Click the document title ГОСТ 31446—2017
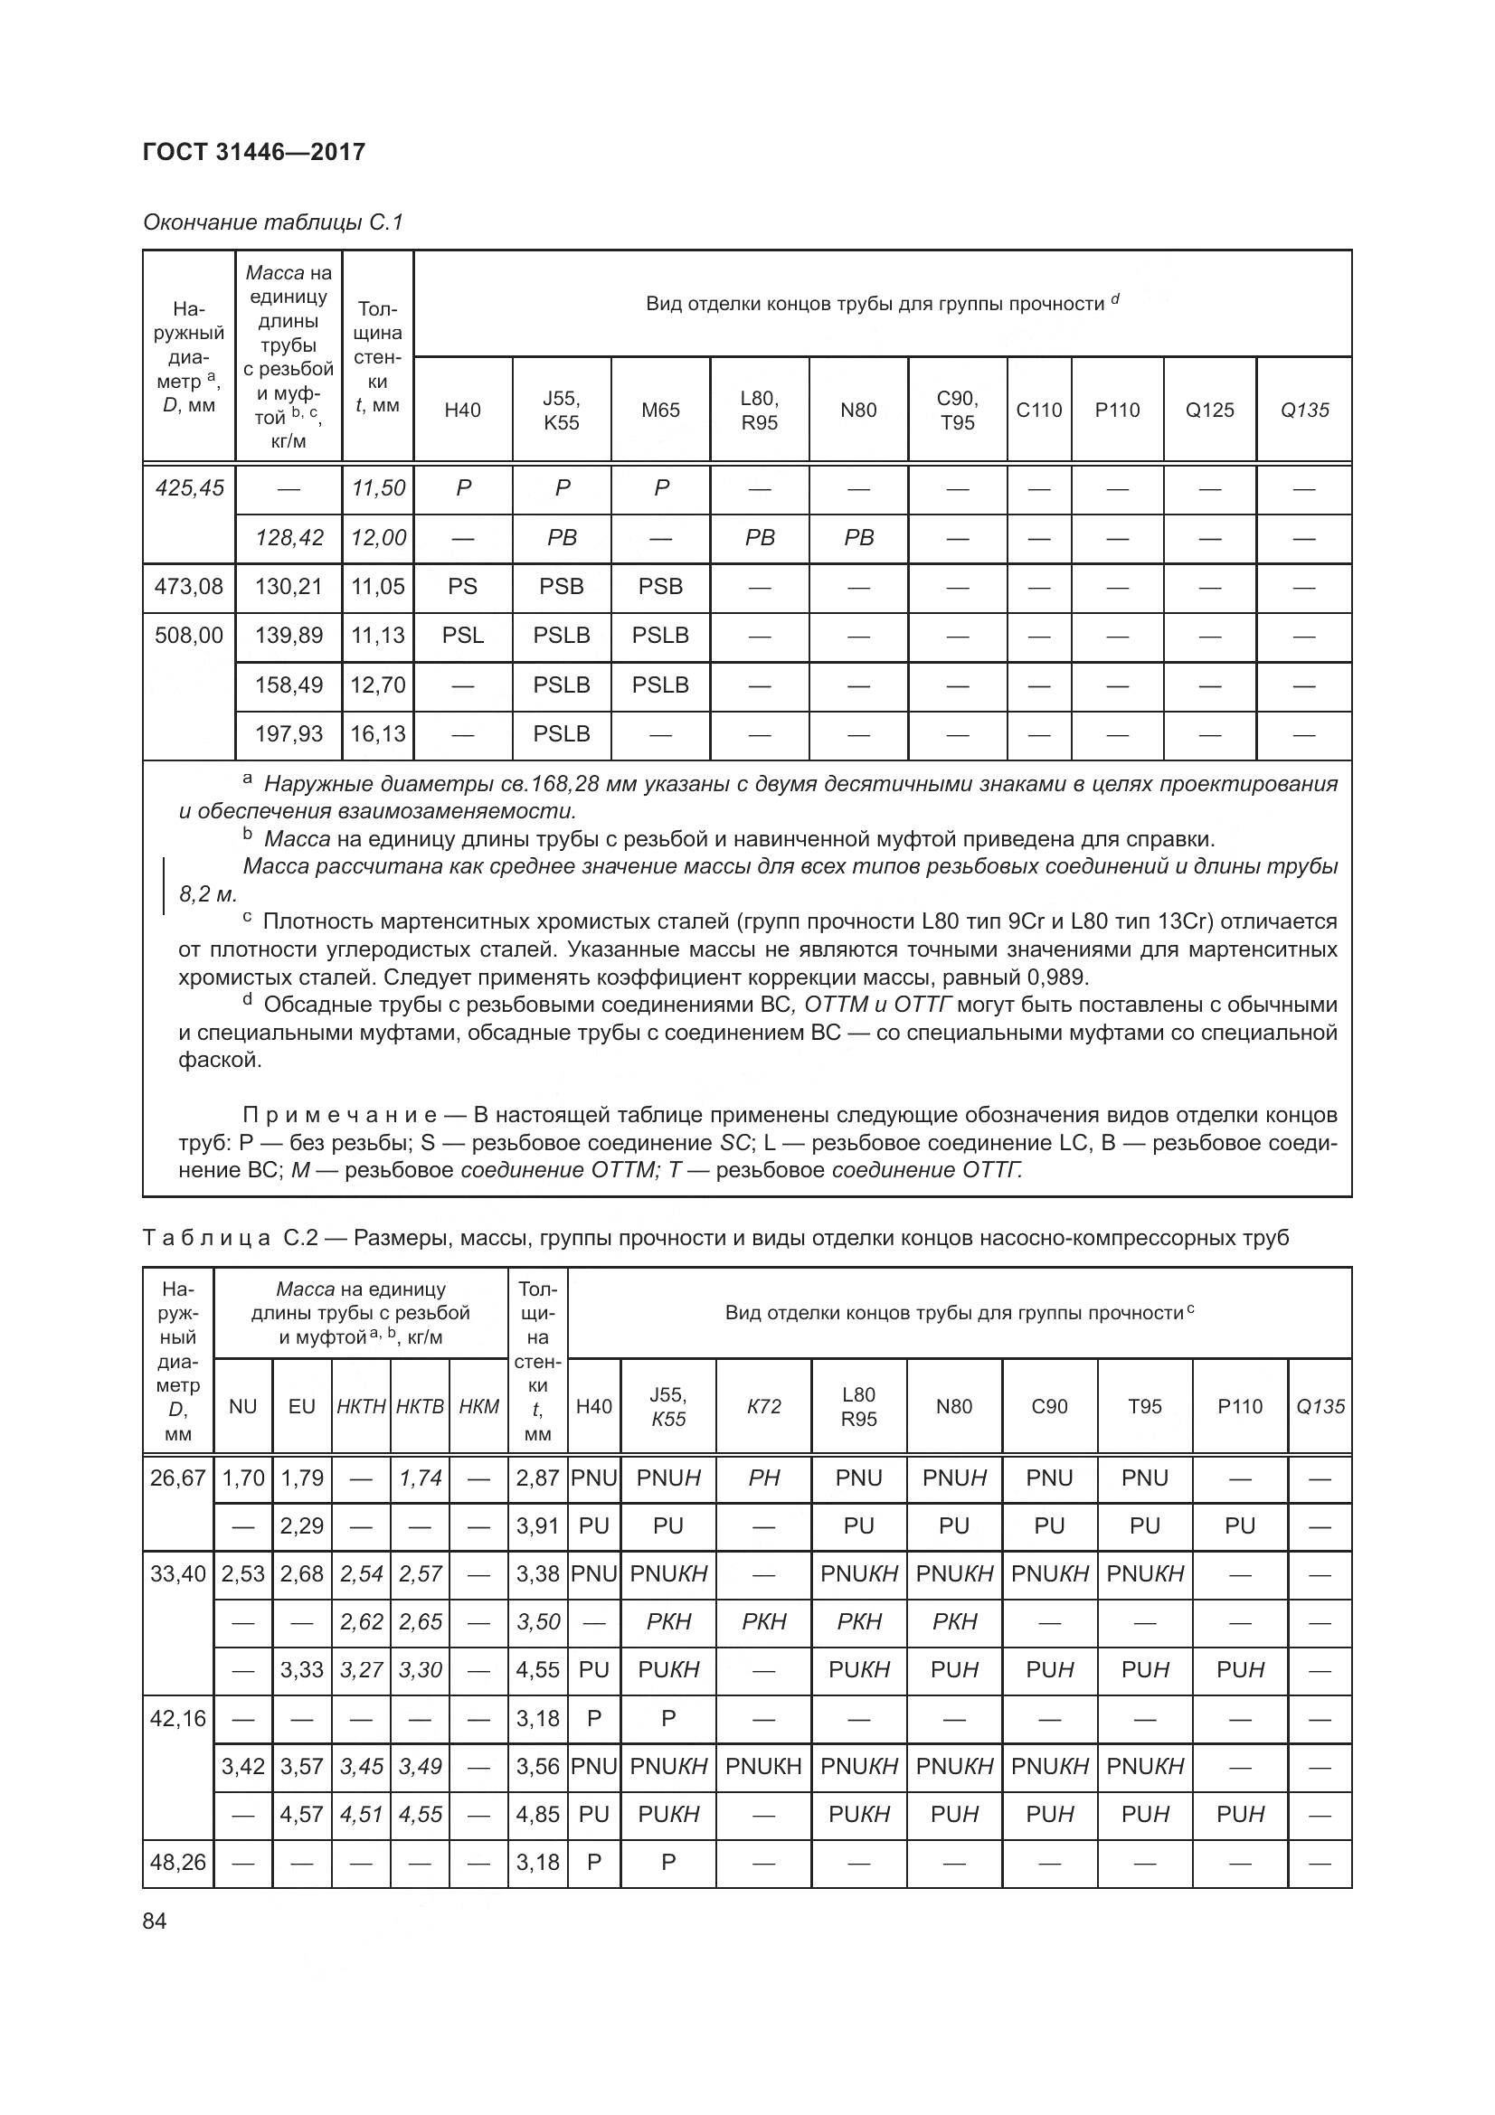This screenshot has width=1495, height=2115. click(x=254, y=152)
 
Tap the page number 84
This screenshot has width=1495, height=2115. click(x=155, y=1921)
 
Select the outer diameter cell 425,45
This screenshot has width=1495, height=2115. click(x=189, y=488)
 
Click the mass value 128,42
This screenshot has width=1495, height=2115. click(x=289, y=538)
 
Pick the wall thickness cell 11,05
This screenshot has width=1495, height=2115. click(x=378, y=587)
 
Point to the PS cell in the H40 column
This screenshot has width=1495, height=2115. click(x=462, y=587)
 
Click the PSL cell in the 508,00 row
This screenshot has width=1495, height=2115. click(x=462, y=636)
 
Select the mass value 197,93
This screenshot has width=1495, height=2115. click(x=289, y=734)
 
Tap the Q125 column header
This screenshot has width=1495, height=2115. click(x=1208, y=410)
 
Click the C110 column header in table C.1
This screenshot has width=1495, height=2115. click(x=1038, y=410)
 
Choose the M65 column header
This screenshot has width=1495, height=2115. click(x=660, y=410)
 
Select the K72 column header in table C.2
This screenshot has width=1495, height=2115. click(x=763, y=1407)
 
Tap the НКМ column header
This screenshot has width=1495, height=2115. click(x=478, y=1407)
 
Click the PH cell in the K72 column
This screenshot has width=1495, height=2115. click(x=763, y=1478)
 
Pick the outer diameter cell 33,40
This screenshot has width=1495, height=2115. click(x=178, y=1574)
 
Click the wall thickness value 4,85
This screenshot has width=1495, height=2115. click(x=537, y=1815)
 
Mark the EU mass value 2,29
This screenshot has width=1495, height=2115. click(x=301, y=1526)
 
